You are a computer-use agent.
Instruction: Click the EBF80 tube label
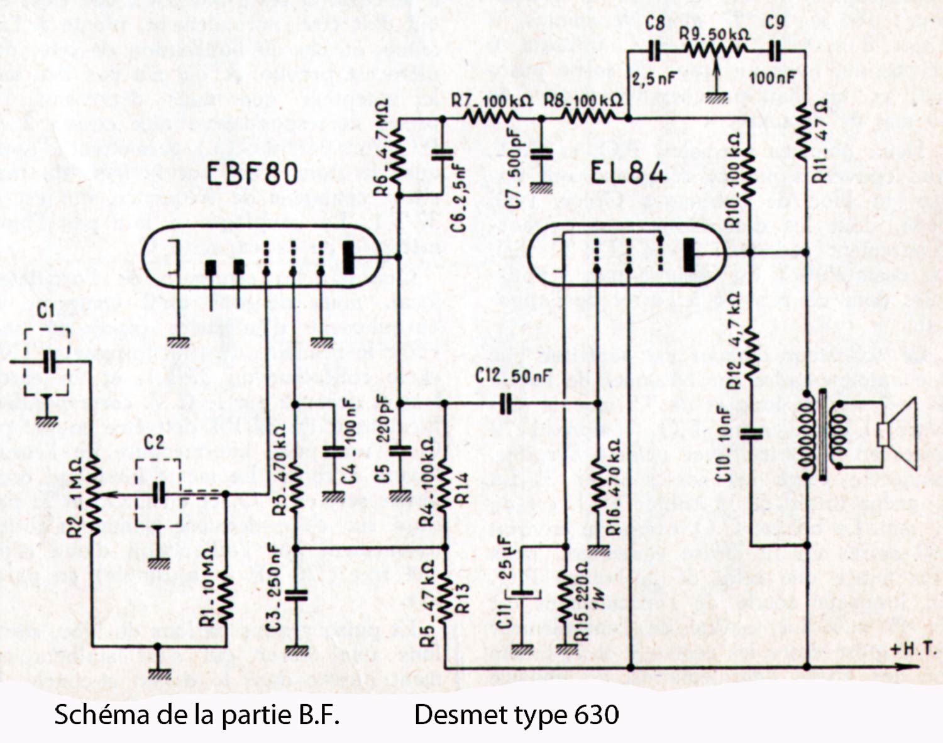click(252, 172)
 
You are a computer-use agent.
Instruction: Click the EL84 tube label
click(627, 172)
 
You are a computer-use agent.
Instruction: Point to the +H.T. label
click(912, 649)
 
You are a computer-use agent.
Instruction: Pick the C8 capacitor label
click(654, 23)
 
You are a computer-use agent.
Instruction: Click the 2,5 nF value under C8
click(654, 79)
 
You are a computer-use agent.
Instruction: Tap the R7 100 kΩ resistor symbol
click(492, 117)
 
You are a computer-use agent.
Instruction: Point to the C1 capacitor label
click(45, 311)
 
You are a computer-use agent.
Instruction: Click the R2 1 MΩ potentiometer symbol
click(93, 495)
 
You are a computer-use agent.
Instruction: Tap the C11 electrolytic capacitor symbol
click(522, 593)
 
